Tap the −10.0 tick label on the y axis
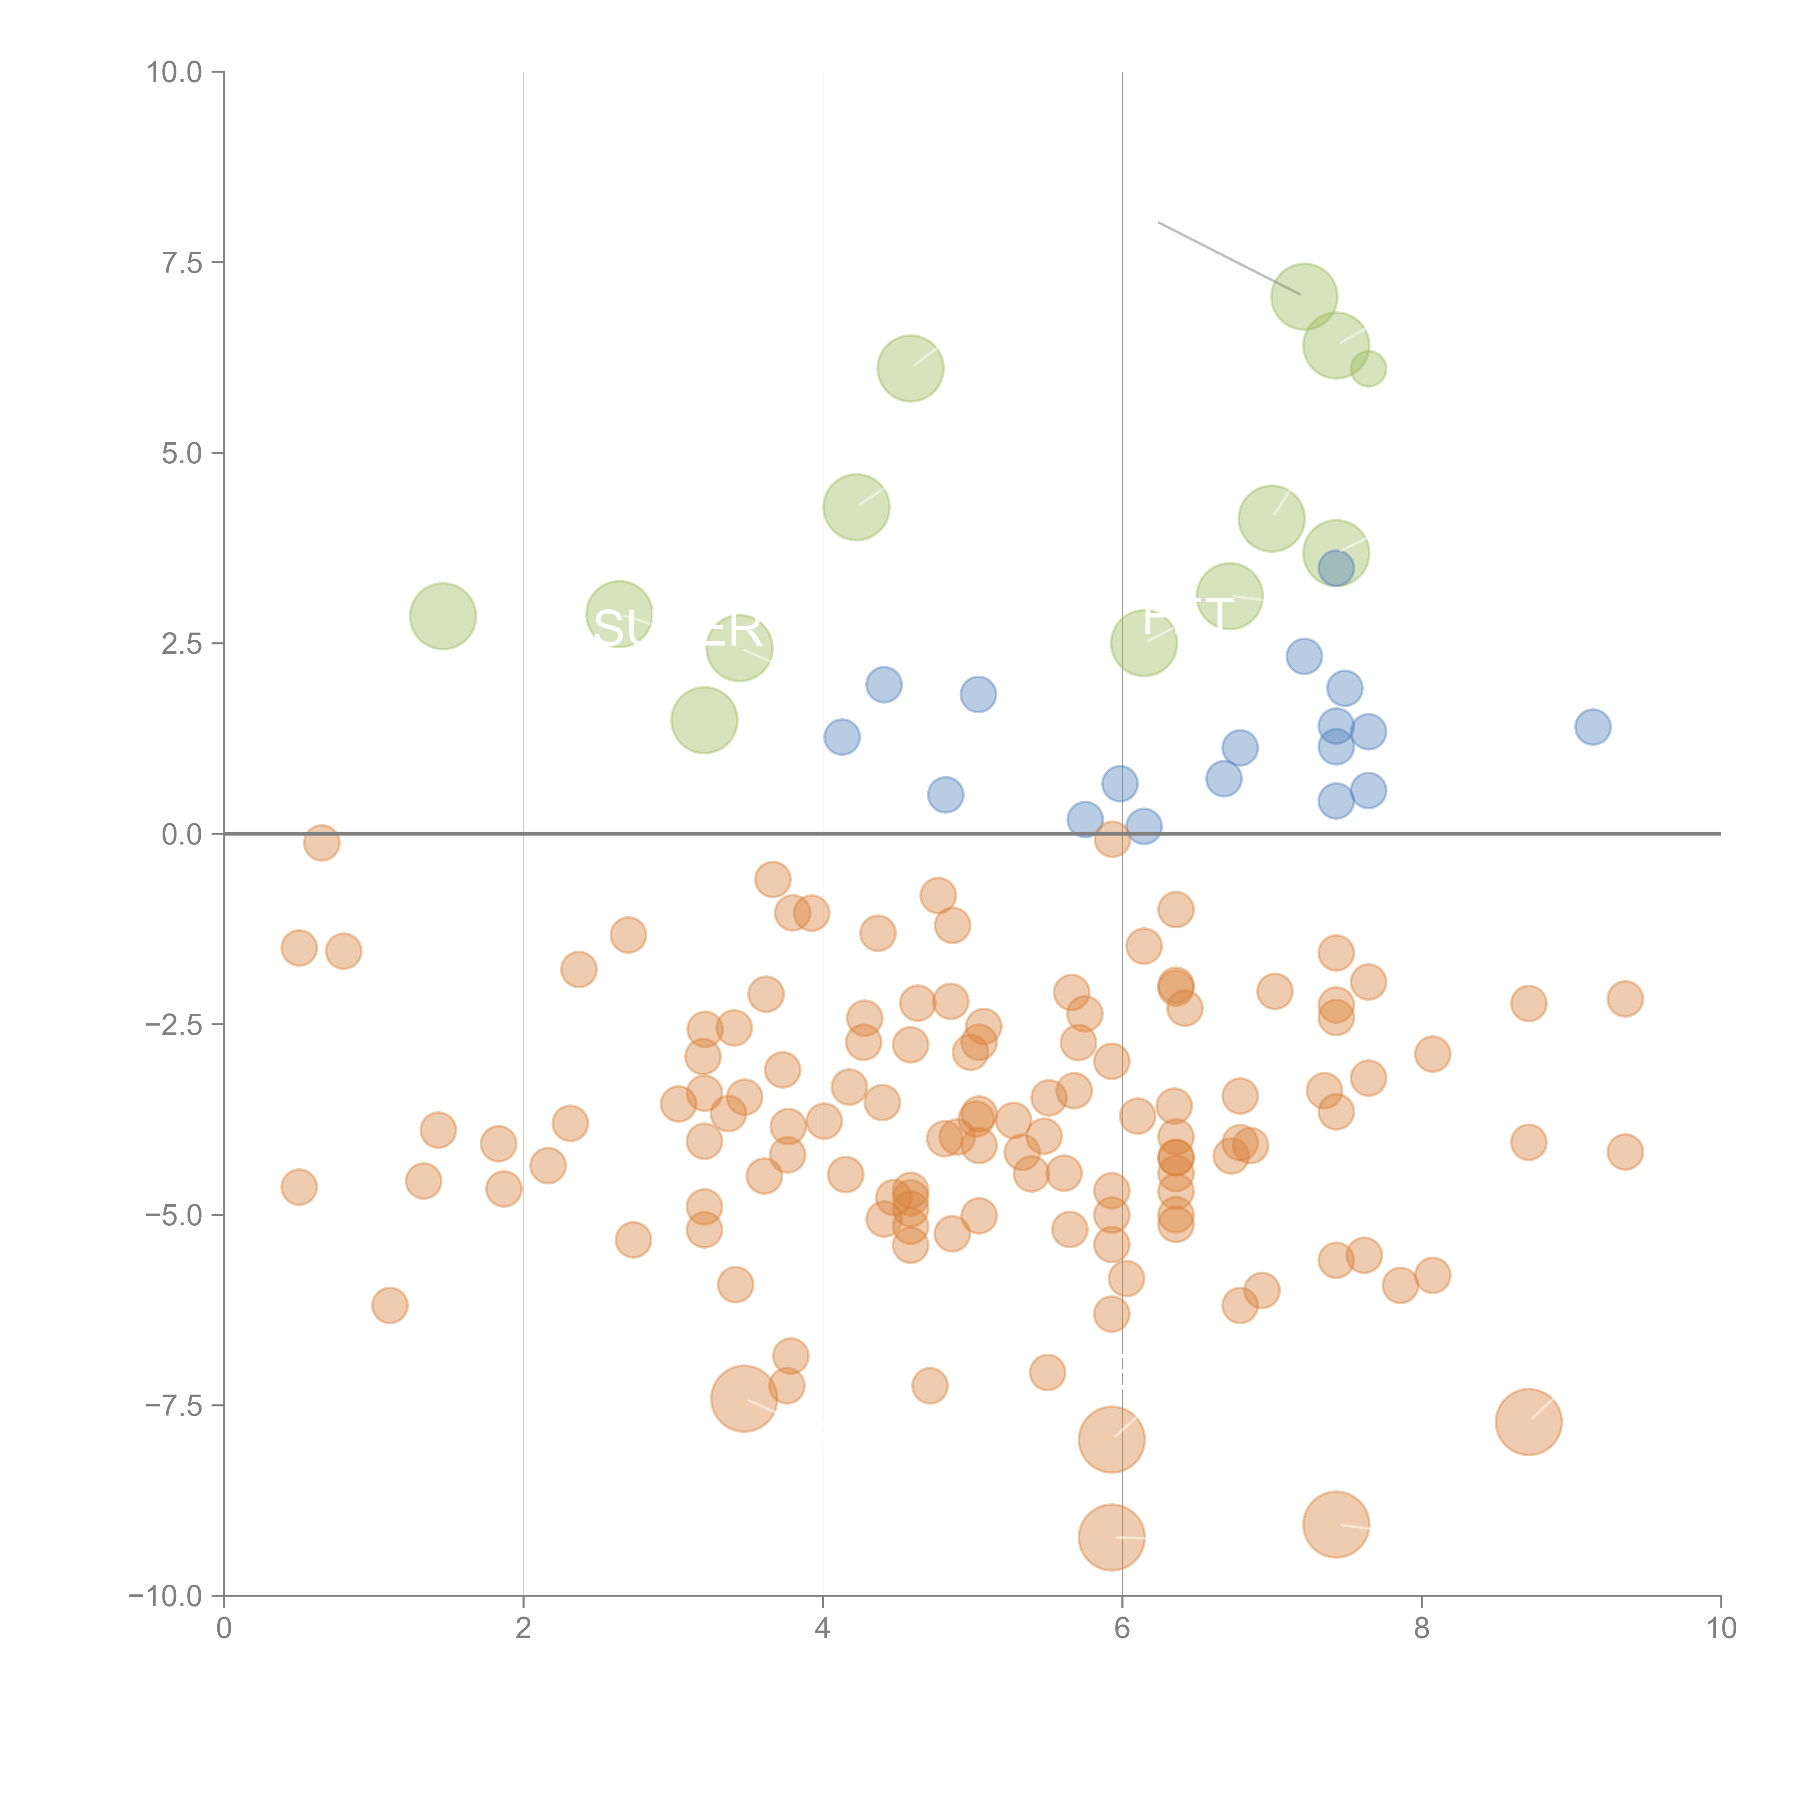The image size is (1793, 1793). [165, 1596]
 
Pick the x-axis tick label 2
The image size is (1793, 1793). [524, 1629]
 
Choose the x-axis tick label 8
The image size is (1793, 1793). [1422, 1629]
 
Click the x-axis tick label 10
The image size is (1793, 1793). [1721, 1629]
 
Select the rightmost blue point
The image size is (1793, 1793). [1593, 727]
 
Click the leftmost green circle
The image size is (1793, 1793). [443, 616]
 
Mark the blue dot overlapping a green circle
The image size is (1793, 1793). [1335, 568]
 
